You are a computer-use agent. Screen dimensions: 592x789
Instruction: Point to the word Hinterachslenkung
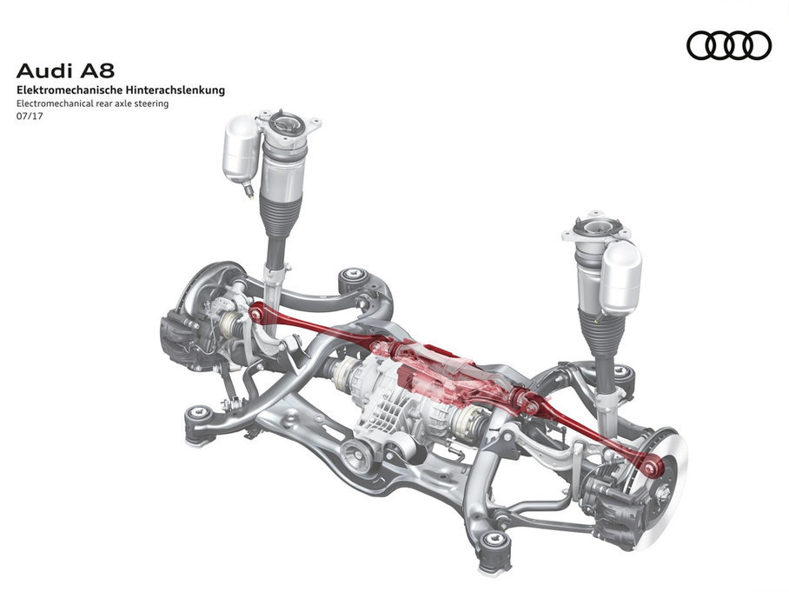177,90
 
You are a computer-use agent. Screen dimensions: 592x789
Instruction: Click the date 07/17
29,116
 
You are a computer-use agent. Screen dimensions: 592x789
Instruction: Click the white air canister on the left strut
240,150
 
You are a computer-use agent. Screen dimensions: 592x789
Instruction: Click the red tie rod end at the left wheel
256,311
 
